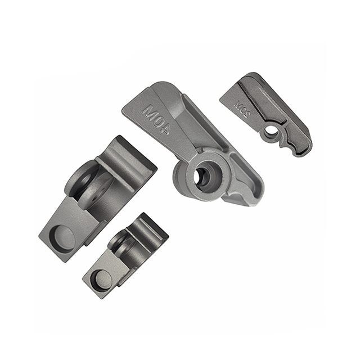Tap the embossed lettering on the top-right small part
point(242,106)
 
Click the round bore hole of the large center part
point(201,177)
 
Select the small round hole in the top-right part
point(271,130)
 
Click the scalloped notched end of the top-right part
point(298,147)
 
